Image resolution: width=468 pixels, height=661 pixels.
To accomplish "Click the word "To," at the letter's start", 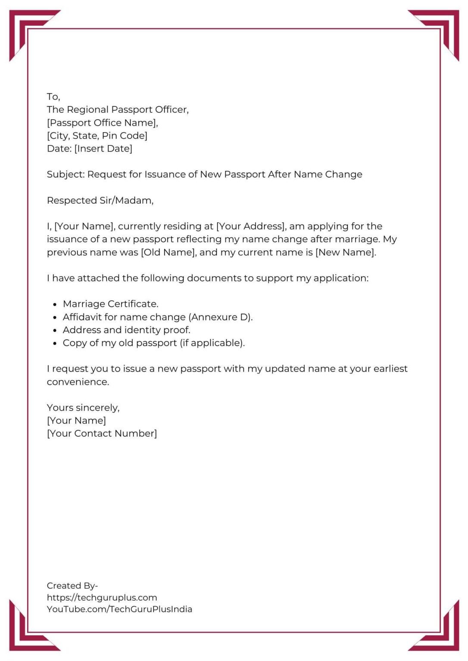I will click(53, 97).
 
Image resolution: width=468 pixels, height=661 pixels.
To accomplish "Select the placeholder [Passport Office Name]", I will click(103, 123).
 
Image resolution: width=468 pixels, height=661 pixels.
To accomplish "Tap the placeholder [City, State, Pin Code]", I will click(97, 136).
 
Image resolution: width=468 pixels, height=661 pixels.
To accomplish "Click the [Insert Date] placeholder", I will click(103, 148).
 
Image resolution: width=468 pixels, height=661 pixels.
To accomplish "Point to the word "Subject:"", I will click(66, 174).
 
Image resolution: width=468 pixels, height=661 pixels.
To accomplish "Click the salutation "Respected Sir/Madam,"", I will click(100, 201).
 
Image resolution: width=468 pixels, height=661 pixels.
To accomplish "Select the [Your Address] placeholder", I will click(251, 226).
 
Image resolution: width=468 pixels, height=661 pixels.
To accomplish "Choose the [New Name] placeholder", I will click(346, 252).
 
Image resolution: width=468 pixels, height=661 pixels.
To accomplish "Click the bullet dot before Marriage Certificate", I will click(55, 305).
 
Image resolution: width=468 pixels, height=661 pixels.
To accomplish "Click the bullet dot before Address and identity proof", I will click(55, 330).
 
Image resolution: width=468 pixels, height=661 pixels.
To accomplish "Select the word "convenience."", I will click(78, 382).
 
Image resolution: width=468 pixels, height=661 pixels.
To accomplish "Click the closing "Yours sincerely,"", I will click(83, 408).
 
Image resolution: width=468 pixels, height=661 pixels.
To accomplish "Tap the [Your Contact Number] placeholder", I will click(102, 433).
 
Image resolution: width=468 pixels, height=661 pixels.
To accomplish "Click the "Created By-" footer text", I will click(72, 586).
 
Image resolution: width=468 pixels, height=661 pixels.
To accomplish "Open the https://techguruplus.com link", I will click(102, 597).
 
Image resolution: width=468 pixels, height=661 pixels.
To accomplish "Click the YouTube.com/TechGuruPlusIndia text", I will click(119, 609).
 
